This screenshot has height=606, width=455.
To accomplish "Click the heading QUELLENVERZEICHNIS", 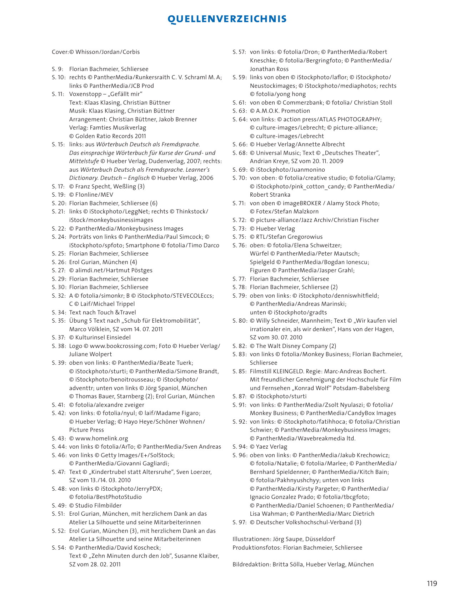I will pyautogui.click(x=227, y=19).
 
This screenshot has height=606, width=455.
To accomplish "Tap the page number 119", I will pyautogui.click(x=432, y=584).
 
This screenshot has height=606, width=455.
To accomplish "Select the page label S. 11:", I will pyautogui.click(x=58, y=94).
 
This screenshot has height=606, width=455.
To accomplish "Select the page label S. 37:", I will pyautogui.click(x=59, y=337).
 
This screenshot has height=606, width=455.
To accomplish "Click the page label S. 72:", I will pyautogui.click(x=239, y=220).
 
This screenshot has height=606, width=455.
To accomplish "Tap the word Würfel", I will pyautogui.click(x=259, y=253).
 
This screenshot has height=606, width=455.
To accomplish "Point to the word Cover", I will pyautogui.click(x=60, y=52).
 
